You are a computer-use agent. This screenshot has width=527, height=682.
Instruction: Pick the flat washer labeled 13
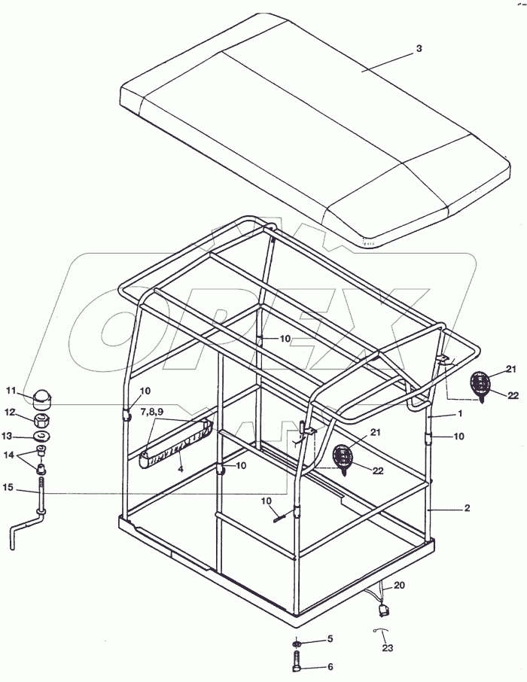[x=42, y=437]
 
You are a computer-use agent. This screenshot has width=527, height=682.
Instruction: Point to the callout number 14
[x=10, y=454]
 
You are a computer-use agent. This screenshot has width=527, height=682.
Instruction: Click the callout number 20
[x=399, y=586]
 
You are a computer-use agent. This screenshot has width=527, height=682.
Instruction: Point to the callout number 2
[x=467, y=509]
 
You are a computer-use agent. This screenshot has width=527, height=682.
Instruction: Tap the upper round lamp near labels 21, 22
[x=480, y=385]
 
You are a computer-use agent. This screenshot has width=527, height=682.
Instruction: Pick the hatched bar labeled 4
[x=173, y=446]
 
